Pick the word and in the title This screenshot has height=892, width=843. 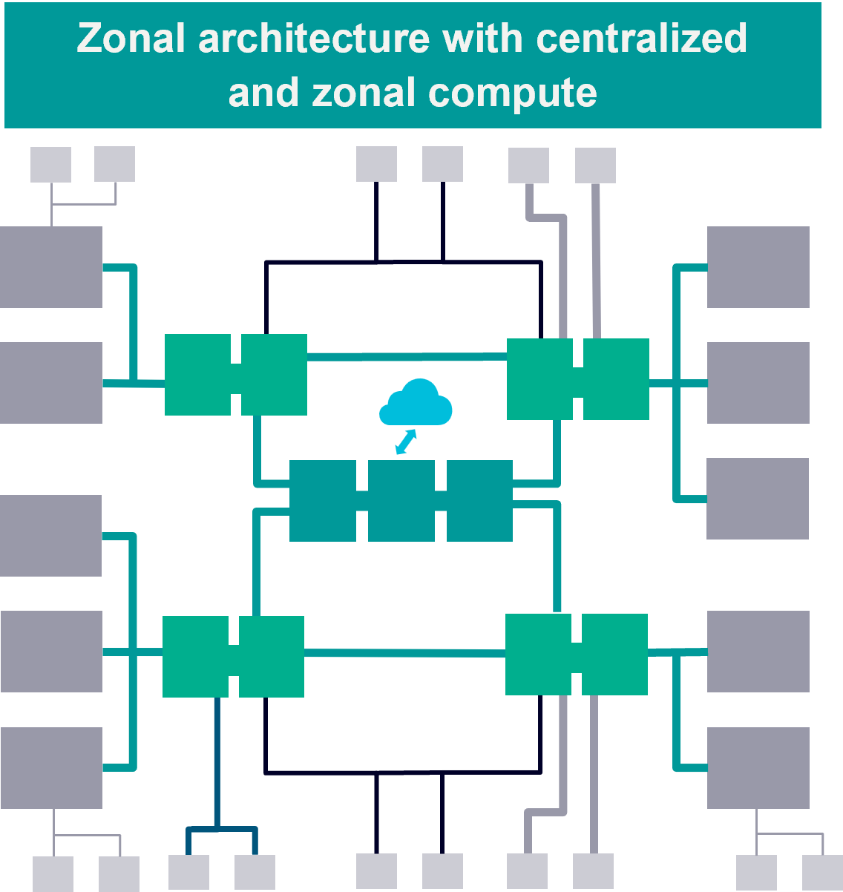coord(264,93)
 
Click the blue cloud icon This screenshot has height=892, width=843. coord(416,403)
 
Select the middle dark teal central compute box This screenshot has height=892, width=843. coord(401,500)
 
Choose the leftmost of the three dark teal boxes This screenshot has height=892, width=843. coord(322,500)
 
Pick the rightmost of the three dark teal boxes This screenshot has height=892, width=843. coord(479,500)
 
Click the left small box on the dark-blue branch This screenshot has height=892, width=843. coord(188,872)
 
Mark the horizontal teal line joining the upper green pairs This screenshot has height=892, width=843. coord(407,357)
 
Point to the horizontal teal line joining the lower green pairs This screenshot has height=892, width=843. coord(404,653)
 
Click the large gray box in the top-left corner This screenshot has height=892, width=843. coord(50,266)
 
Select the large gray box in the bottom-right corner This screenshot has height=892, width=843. coord(758,767)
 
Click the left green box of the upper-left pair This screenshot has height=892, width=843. coord(197,374)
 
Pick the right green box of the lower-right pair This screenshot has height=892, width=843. coord(614,655)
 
